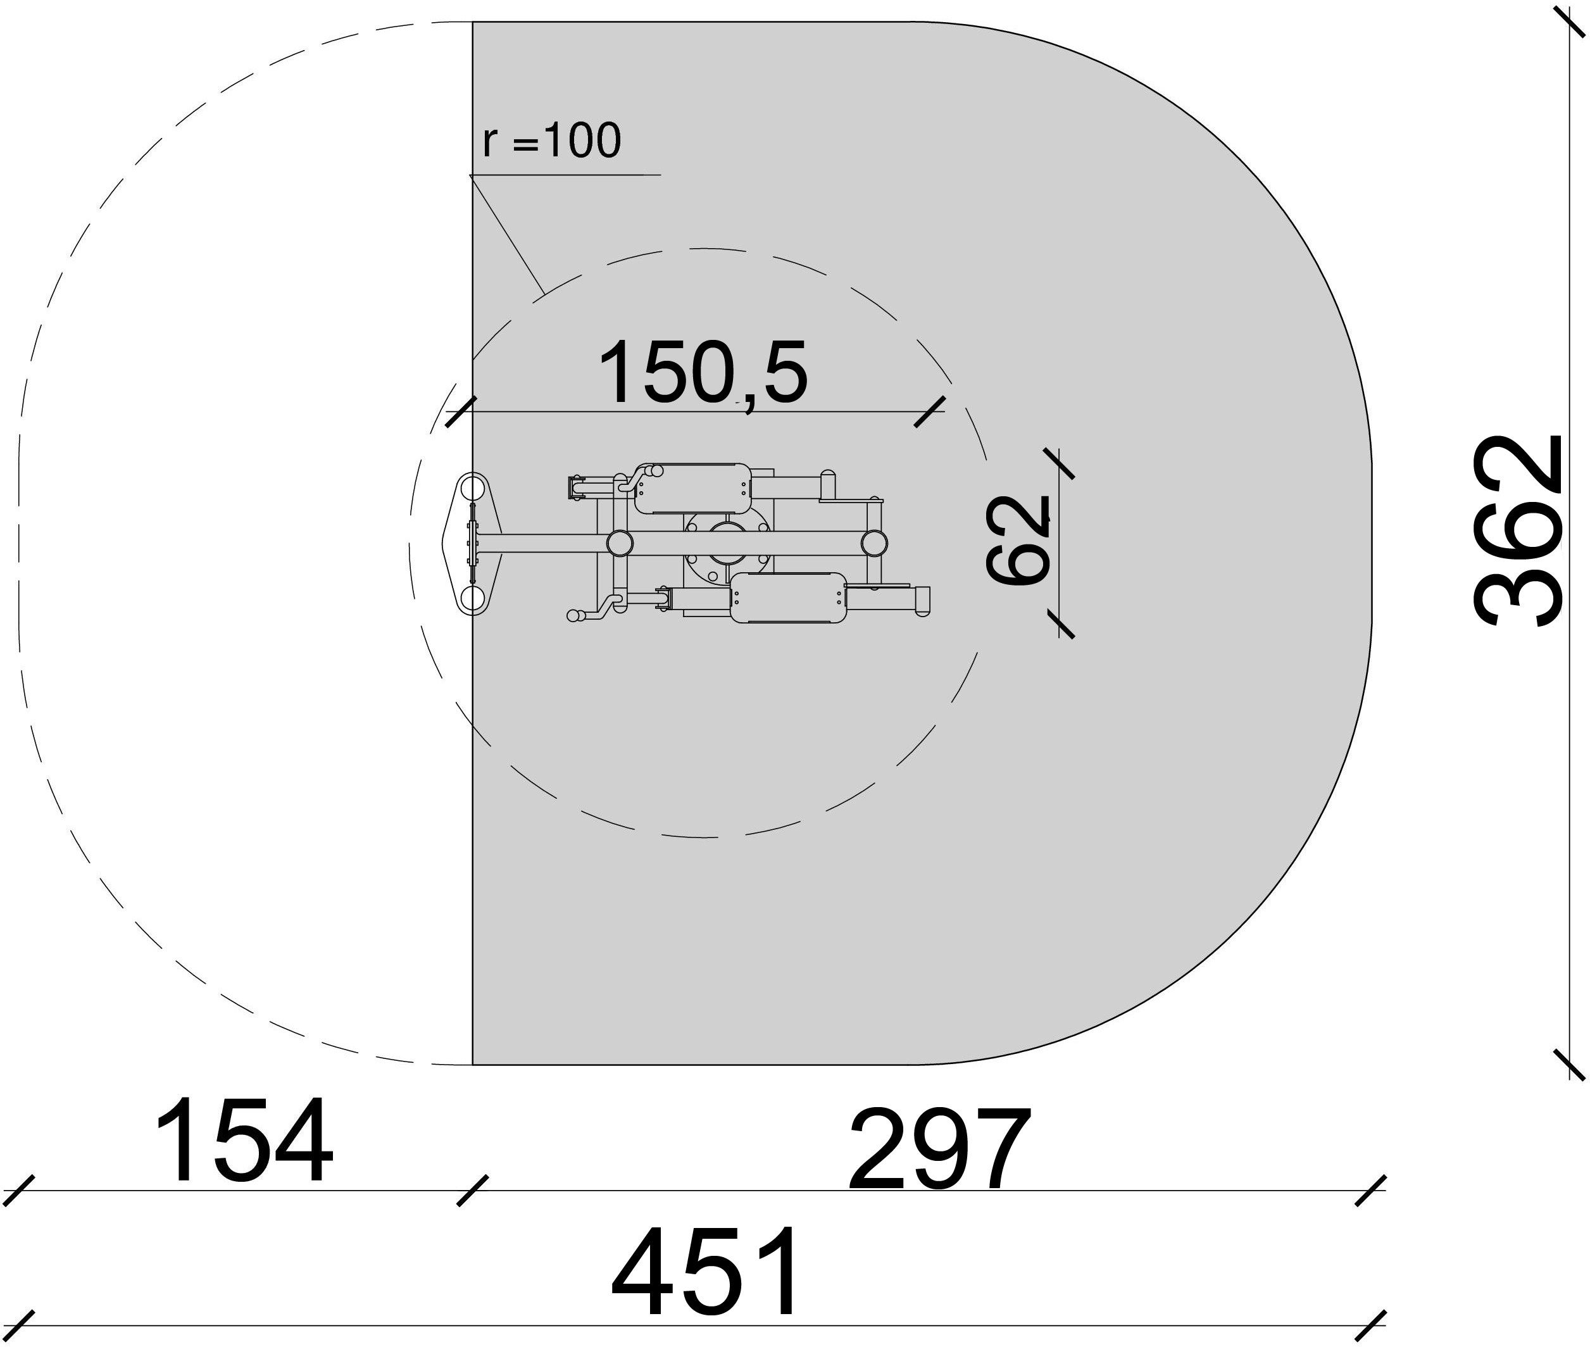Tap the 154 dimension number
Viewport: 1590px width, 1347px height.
coord(244,1141)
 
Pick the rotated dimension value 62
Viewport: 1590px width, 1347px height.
coord(1018,540)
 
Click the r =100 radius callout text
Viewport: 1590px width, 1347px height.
coord(552,141)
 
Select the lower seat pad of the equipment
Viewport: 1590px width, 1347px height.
coord(788,598)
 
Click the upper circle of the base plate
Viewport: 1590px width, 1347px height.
coord(473,487)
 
